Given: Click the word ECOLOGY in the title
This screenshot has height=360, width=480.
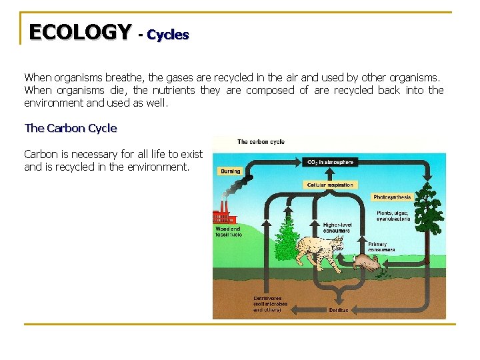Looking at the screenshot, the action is (80, 31).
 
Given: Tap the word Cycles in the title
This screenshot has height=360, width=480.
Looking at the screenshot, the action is (167, 34).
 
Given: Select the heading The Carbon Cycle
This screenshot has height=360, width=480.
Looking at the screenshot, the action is (70, 128).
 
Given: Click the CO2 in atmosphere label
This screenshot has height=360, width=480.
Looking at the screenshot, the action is (330, 161).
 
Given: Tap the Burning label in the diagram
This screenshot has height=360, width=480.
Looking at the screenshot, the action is (230, 171).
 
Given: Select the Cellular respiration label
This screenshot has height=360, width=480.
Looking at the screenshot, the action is (331, 185).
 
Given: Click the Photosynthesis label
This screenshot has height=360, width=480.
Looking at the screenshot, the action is (393, 197).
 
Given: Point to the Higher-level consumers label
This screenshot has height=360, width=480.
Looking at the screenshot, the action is (337, 228).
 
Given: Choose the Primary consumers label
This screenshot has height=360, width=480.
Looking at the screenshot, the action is (381, 247).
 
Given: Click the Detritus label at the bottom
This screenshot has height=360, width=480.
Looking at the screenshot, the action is (339, 310).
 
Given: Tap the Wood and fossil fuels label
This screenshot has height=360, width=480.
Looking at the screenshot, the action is (228, 232).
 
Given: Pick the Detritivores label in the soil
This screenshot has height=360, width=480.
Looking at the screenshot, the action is (270, 304).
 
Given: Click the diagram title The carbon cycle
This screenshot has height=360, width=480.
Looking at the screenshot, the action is (261, 142).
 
